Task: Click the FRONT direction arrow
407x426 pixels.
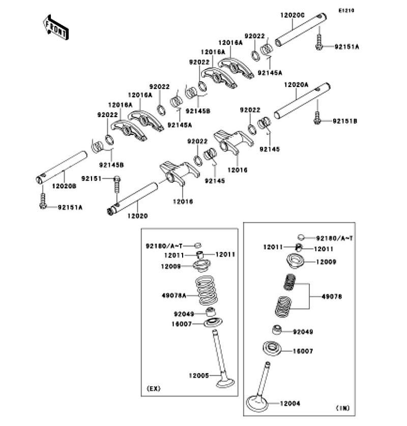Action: point(55,27)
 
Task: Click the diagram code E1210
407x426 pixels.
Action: point(346,11)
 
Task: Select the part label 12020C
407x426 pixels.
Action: point(293,15)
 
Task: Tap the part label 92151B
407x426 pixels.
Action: point(345,121)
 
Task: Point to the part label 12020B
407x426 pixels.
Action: point(64,186)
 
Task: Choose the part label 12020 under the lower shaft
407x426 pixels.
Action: point(138,216)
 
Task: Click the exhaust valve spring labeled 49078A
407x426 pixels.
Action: point(207,291)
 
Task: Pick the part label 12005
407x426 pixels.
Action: point(199,376)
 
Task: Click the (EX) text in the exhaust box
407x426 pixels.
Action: point(154,389)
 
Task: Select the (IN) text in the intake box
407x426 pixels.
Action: point(343,408)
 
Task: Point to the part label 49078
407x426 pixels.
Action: point(332,296)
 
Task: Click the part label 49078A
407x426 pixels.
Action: point(174,295)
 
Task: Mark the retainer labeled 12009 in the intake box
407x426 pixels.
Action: point(295,261)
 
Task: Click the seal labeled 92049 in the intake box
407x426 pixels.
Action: point(277,330)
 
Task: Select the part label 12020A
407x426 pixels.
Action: point(296,85)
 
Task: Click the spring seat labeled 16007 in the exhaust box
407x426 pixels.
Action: point(213,323)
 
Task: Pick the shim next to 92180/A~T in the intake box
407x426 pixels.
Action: point(301,237)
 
